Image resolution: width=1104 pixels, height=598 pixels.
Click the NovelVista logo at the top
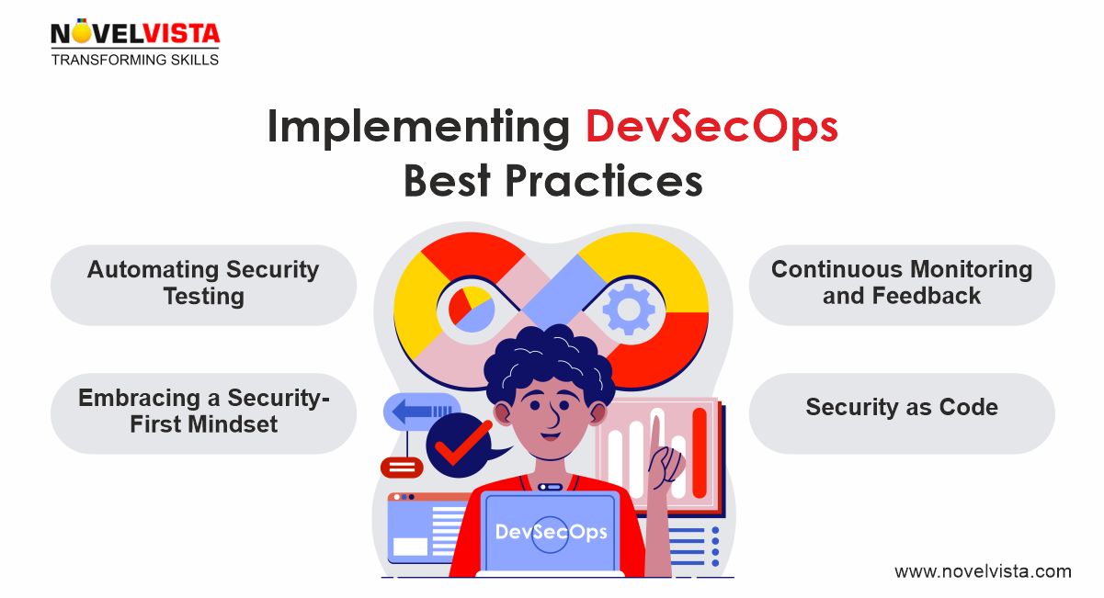click(x=135, y=35)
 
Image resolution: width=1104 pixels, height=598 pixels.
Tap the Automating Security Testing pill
click(x=203, y=284)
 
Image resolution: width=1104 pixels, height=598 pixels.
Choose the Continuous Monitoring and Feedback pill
click(x=901, y=284)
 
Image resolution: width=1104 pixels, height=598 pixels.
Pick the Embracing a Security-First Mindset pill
click(x=203, y=412)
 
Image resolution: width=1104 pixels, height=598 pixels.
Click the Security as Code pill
click(x=901, y=408)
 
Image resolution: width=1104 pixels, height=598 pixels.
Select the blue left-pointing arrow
click(x=419, y=412)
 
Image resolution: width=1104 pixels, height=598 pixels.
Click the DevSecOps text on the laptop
click(x=551, y=532)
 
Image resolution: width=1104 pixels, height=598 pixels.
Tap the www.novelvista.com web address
click(x=983, y=571)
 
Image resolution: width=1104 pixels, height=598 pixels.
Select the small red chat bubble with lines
click(x=402, y=468)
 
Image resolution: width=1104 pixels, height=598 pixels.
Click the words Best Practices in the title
click(x=552, y=181)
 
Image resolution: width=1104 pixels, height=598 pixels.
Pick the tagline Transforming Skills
click(x=135, y=60)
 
